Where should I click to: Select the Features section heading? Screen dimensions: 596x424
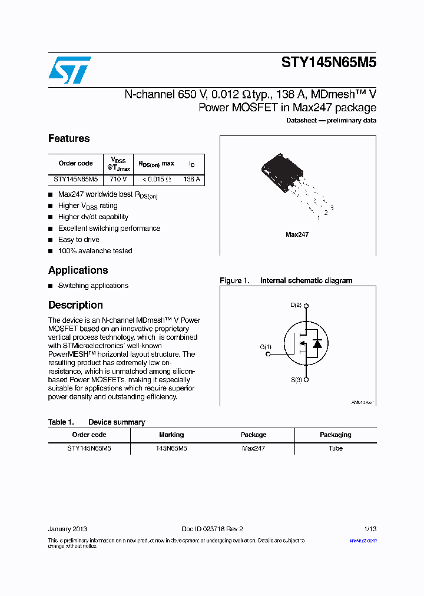tap(69, 138)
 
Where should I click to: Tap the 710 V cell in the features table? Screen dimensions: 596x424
tap(118, 179)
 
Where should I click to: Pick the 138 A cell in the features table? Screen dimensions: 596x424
tap(191, 179)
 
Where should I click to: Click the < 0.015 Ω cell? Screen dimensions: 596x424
tap(155, 179)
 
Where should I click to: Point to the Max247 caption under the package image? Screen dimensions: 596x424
tap(297, 234)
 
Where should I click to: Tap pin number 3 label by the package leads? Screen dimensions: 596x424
tap(332, 207)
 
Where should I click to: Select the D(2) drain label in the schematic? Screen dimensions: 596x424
tap(296, 305)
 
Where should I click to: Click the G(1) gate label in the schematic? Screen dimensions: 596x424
tap(266, 347)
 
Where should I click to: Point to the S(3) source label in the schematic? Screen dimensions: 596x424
tap(296, 380)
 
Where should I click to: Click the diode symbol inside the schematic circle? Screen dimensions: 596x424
tap(317, 343)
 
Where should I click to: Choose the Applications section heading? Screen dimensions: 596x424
tap(78, 270)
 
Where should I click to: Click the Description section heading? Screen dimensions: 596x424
tap(75, 305)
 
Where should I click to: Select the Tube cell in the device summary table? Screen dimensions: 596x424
tap(335, 448)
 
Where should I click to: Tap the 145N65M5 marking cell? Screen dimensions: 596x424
tap(171, 448)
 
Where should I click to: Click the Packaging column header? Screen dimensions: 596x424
tap(335, 435)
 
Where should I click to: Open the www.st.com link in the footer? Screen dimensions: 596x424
tap(363, 540)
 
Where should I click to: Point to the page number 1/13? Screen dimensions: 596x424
tap(370, 529)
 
